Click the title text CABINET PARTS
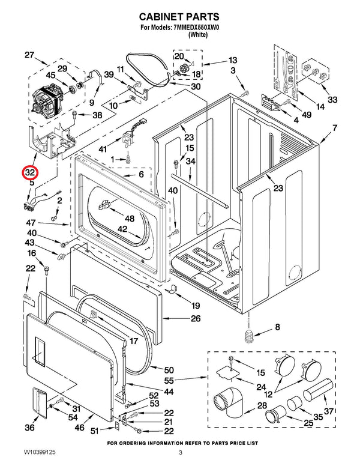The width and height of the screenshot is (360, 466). (179, 17)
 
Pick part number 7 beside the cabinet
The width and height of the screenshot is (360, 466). (335, 128)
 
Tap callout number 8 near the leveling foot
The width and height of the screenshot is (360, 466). (277, 327)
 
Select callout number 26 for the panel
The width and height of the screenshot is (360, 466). (196, 318)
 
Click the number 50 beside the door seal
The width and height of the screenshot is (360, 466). (169, 370)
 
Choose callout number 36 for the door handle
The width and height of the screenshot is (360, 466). (30, 428)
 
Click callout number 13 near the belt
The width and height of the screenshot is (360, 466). (232, 60)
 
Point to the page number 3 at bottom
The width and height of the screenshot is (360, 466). (180, 452)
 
